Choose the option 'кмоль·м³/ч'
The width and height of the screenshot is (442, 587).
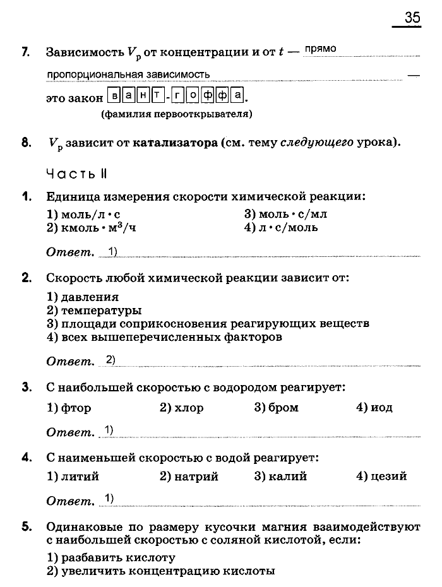(91, 228)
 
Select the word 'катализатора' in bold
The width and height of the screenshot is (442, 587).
(174, 143)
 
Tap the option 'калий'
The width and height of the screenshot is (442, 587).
(280, 476)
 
